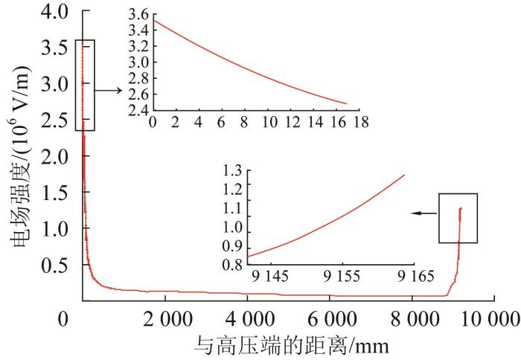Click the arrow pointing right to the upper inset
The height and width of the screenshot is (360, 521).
(x=109, y=89)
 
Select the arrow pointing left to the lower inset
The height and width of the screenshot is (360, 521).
(x=424, y=213)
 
